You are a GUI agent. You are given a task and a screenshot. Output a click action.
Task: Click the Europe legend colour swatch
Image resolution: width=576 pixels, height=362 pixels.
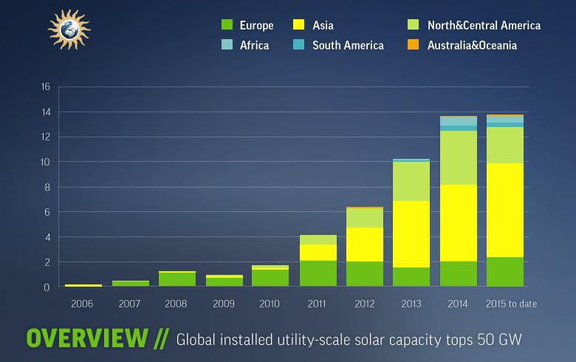coord(227,26)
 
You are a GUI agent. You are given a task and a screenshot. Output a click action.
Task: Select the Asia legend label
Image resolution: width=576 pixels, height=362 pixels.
coord(323,26)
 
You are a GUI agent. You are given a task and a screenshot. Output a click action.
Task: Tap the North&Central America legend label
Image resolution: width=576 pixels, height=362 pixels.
coord(484,26)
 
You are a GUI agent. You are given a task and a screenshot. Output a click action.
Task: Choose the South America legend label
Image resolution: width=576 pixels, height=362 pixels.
coord(348,46)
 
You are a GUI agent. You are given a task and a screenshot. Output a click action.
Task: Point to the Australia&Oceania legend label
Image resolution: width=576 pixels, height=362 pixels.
coord(472,46)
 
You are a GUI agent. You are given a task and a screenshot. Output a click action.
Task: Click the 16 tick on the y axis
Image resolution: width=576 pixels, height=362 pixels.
coord(45,86)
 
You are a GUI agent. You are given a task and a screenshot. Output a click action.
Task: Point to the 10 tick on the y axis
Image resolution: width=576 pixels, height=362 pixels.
coord(45,162)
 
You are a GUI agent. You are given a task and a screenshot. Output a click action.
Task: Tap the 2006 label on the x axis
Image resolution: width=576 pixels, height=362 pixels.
coord(83,304)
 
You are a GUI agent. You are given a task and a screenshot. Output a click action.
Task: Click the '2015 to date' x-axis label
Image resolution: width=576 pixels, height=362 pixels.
coord(511,304)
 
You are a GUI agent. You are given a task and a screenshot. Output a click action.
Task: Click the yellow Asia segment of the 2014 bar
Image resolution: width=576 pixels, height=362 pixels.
coord(458,222)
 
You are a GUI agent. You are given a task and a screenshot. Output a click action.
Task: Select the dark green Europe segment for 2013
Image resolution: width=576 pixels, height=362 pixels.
coord(411,277)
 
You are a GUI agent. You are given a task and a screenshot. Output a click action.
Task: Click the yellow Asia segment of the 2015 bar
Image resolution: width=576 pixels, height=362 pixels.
coord(505,210)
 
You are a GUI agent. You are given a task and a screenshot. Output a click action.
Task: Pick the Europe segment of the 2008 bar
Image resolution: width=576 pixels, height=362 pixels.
coord(177,279)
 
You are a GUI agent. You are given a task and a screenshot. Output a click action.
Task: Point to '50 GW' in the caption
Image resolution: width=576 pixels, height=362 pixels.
coord(504,339)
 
